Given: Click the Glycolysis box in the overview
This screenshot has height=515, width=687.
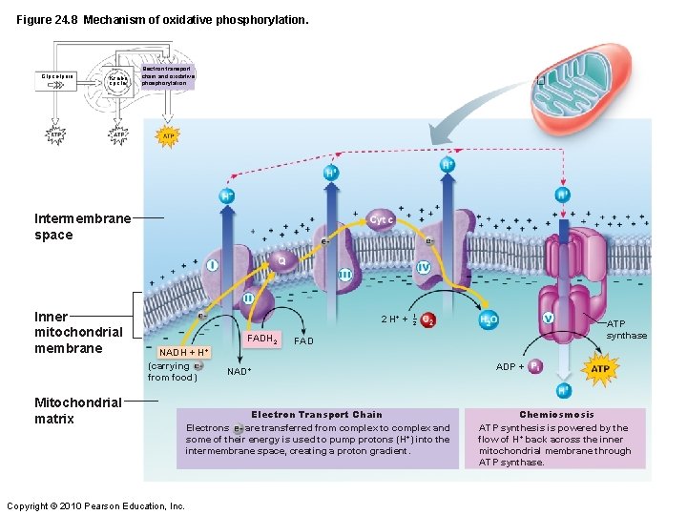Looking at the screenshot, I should tap(58, 75).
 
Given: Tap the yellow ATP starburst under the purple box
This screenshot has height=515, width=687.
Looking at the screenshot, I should tap(168, 136).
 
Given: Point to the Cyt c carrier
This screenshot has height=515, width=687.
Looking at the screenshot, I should tap(383, 219).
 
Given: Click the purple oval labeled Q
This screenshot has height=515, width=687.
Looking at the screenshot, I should tap(281, 258).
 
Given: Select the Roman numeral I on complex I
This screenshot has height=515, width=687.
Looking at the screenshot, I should tap(211, 264).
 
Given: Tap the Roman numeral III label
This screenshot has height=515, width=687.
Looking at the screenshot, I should tap(344, 275).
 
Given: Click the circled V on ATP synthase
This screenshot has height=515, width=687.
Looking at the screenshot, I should tap(548, 318).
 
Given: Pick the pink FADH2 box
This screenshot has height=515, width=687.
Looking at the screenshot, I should tap(261, 339).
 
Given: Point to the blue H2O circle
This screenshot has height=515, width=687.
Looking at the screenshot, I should tap(489, 319).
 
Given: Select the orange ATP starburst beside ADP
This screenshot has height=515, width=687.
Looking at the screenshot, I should tap(600, 368).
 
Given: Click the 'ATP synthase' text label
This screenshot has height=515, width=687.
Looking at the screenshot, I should tap(626, 330).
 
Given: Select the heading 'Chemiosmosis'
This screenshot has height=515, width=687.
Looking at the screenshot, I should tap(556, 415).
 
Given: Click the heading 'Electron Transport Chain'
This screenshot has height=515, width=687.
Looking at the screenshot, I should tap(316, 415).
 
